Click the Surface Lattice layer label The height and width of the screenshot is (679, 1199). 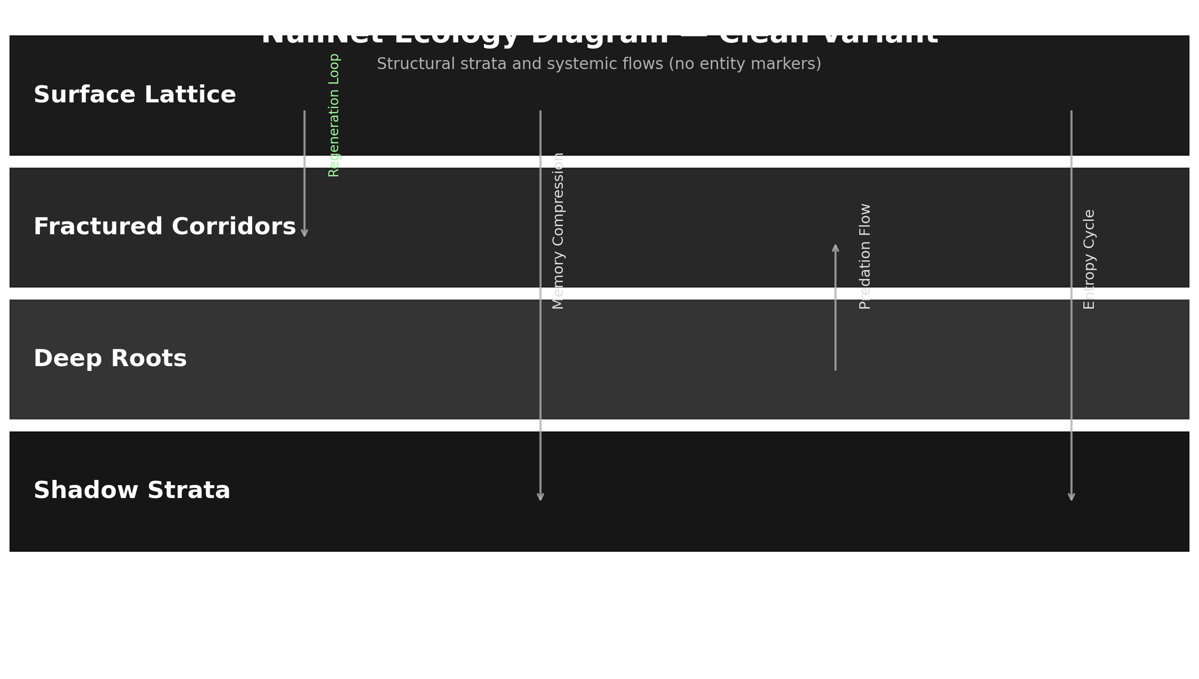(135, 95)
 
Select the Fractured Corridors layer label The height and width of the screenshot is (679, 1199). (165, 227)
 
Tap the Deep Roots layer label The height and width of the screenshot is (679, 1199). (110, 359)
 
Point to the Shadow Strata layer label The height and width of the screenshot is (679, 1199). (132, 491)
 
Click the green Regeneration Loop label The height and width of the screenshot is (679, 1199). (334, 115)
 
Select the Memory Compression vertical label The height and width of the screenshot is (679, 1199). (558, 231)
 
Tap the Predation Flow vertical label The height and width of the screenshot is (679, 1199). (865, 257)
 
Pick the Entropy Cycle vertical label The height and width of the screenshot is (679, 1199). (1089, 259)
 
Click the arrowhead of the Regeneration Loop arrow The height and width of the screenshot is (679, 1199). (305, 234)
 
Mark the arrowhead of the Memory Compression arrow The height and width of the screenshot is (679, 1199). (541, 498)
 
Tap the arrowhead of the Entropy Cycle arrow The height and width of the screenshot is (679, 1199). (1071, 498)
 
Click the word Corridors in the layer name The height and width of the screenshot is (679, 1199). (234, 227)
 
